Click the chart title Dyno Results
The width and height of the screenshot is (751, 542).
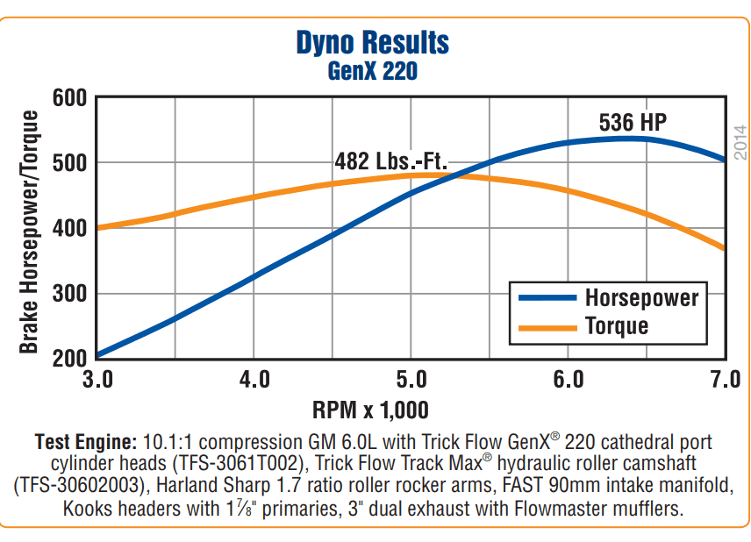point(373,43)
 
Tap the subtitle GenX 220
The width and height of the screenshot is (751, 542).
point(373,71)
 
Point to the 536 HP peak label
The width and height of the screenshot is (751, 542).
point(633,122)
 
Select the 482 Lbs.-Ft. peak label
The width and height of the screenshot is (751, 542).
point(391,162)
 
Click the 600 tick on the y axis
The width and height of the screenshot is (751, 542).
point(69,97)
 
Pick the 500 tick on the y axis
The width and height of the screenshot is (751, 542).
point(69,163)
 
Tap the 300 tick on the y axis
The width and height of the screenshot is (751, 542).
point(69,294)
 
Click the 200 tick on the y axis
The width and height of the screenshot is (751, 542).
point(69,358)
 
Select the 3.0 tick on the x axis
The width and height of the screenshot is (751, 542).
point(97,381)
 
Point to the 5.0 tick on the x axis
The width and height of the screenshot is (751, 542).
point(411,381)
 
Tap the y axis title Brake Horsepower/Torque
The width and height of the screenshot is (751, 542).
point(30,232)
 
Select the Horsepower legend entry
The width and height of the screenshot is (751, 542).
point(641,297)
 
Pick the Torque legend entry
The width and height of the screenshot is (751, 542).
point(617,326)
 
